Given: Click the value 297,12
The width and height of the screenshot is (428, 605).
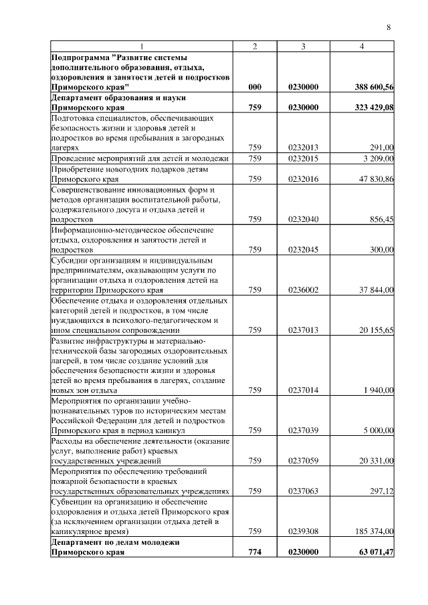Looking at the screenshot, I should (x=382, y=491).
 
